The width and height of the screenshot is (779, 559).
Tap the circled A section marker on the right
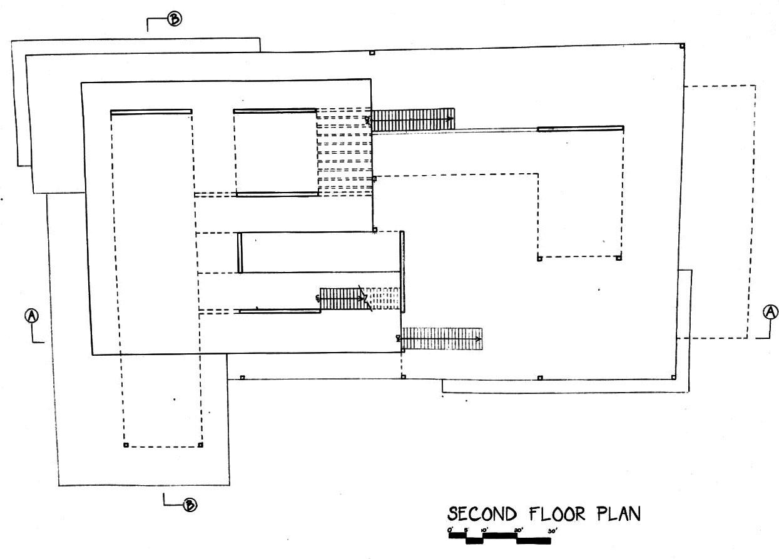click(x=771, y=311)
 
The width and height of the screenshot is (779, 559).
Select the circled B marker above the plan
click(x=175, y=19)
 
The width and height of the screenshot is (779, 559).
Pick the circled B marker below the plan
click(x=188, y=505)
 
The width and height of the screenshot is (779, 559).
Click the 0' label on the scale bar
click(x=451, y=530)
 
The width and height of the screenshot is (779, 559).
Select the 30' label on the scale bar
click(x=552, y=531)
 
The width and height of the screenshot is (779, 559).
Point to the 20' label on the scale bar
click(x=518, y=531)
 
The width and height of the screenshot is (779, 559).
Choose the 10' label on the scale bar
click(x=484, y=531)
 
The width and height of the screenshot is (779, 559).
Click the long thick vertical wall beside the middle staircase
click(x=402, y=272)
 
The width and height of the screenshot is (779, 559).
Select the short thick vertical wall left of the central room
click(x=240, y=253)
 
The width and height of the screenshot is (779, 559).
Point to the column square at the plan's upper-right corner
click(x=682, y=45)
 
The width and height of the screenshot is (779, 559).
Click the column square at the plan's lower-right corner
click(x=673, y=377)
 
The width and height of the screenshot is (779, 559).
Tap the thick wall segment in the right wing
click(x=580, y=129)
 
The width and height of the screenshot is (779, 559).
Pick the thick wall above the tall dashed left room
click(x=151, y=112)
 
